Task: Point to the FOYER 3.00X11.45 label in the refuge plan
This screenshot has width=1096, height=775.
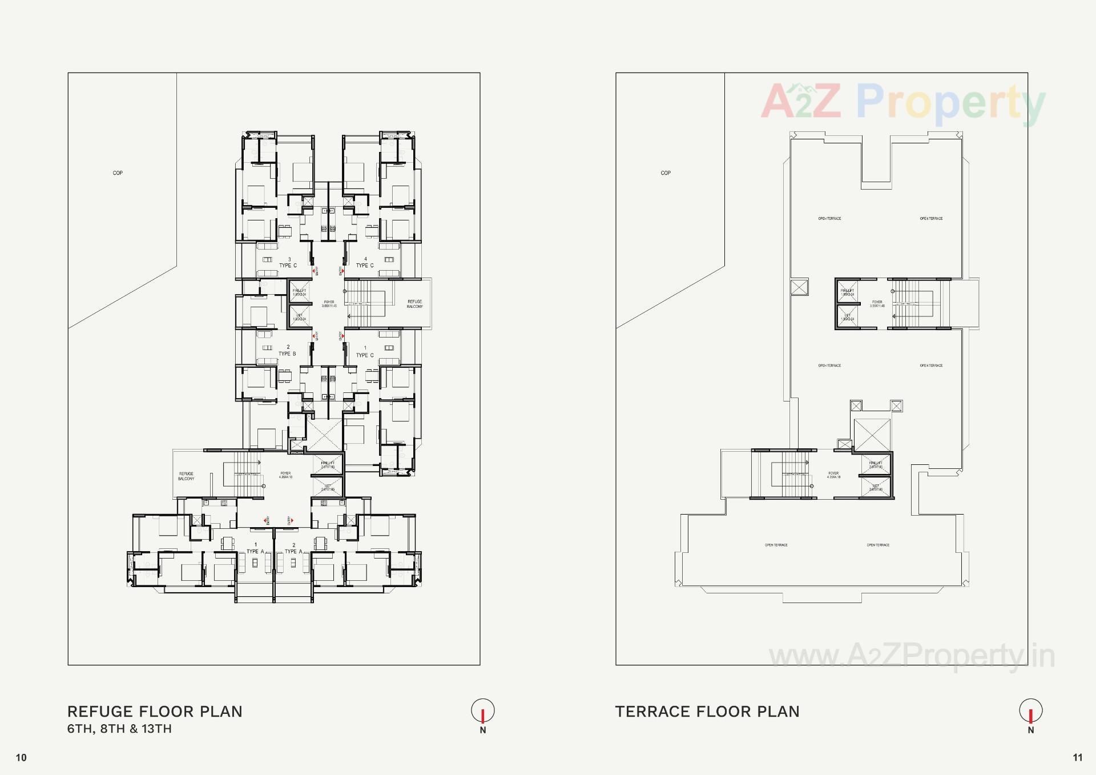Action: (329, 304)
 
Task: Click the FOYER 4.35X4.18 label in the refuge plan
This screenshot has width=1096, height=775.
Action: (285, 475)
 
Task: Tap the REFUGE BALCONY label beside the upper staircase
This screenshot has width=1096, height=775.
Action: (414, 304)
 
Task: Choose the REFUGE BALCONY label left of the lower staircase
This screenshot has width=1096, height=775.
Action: (186, 476)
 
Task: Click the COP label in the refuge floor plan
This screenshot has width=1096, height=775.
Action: (118, 173)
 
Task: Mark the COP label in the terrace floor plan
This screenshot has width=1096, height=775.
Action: (666, 173)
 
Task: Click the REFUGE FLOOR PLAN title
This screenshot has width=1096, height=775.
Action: (155, 712)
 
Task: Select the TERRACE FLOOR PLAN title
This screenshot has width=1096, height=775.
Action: (707, 712)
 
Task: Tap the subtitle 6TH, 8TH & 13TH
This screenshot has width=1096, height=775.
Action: (119, 729)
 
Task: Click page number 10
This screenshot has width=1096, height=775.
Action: (21, 758)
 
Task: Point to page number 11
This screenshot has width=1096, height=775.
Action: (1077, 758)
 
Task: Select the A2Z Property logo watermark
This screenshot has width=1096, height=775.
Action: (903, 103)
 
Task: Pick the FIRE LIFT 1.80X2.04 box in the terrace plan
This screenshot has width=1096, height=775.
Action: (847, 292)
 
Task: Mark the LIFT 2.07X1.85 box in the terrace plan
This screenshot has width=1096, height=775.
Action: (876, 487)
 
